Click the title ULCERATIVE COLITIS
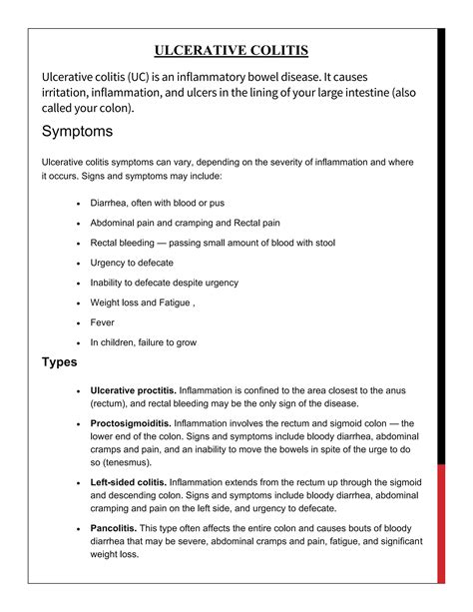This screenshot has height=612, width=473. [x=232, y=51]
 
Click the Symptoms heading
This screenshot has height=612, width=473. [x=77, y=131]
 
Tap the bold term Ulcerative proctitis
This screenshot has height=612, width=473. [x=134, y=389]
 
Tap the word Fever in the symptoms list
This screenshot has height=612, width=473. [x=103, y=322]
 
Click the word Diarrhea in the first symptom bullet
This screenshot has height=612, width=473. [x=111, y=203]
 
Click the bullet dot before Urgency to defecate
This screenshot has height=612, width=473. [x=78, y=263]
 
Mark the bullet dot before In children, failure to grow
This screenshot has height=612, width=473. [x=78, y=342]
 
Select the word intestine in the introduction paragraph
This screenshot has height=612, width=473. [x=371, y=93]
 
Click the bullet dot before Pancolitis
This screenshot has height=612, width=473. [x=78, y=527]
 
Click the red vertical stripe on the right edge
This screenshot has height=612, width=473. [x=442, y=300]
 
